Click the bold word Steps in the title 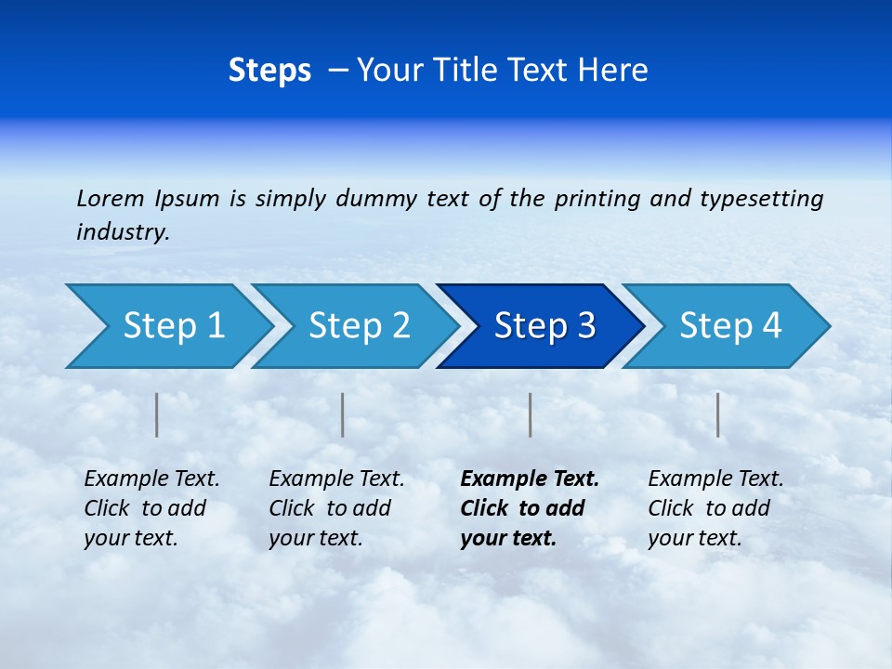tap(269, 71)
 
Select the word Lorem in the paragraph tap(111, 199)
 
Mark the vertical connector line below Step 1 tap(157, 414)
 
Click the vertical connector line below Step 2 tap(343, 414)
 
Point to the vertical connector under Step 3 tap(530, 414)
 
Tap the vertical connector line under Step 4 tap(717, 414)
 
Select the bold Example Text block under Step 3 tap(530, 508)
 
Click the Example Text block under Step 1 tap(151, 508)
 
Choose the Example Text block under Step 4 tap(715, 508)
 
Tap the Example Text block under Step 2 tap(336, 508)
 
